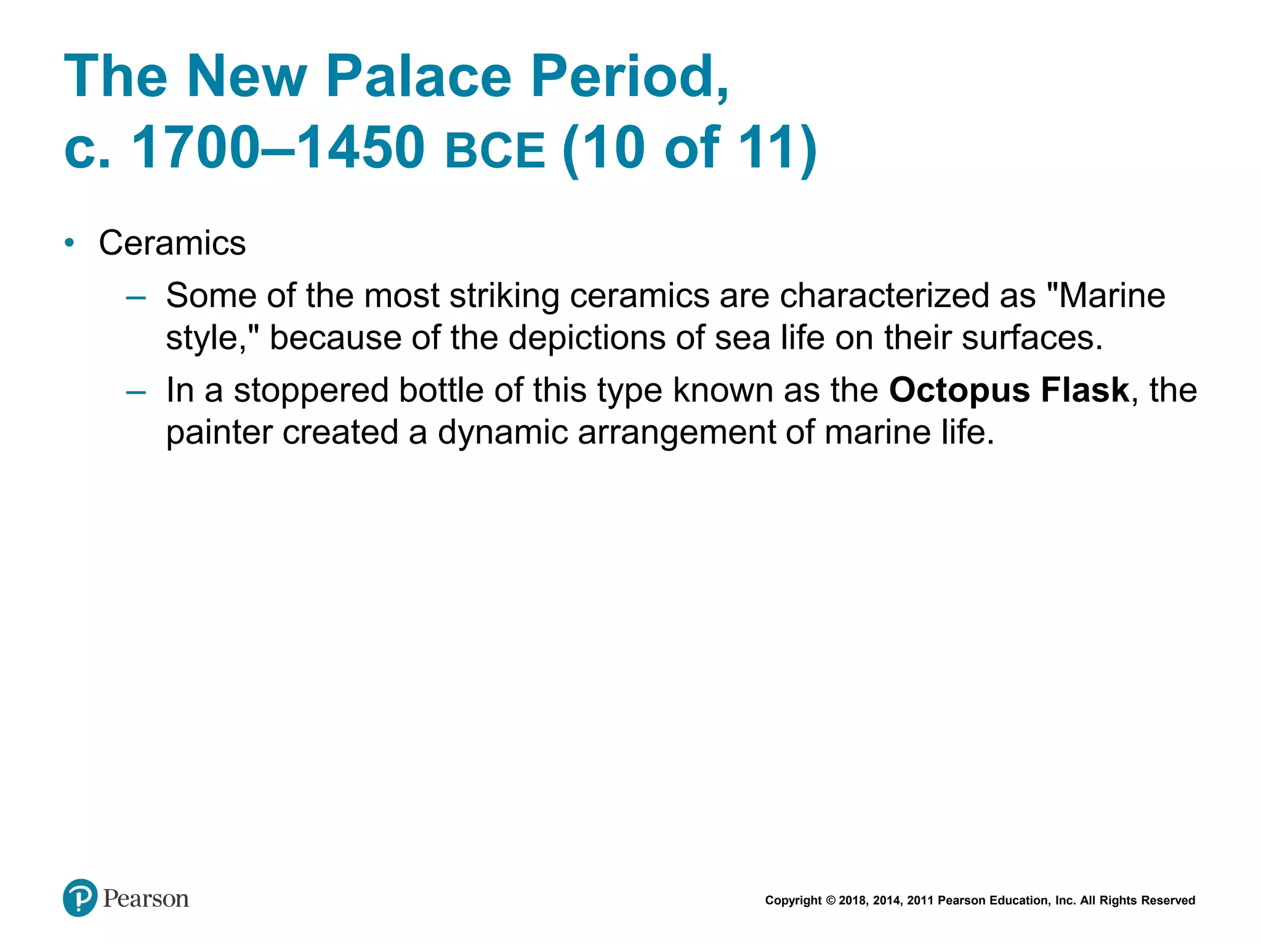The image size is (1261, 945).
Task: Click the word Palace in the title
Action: [x=419, y=76]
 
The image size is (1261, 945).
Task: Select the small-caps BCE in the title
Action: [x=495, y=151]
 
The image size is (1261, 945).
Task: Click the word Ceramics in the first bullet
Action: [x=172, y=243]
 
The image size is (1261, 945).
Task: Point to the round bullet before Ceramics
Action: [x=70, y=243]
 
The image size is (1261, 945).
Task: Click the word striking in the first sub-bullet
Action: [x=504, y=296]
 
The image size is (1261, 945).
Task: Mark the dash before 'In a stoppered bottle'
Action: [x=135, y=393]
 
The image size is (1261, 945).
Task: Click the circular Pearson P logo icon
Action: [x=80, y=898]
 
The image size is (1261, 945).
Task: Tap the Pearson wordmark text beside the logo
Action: [x=146, y=899]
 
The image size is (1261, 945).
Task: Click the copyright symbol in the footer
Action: [x=831, y=901]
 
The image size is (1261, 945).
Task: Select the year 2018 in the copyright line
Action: [x=853, y=901]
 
